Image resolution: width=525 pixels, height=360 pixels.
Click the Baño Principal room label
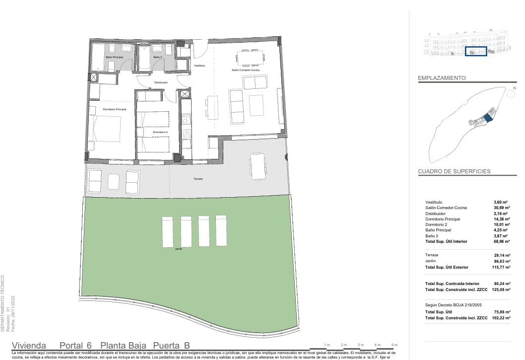114,58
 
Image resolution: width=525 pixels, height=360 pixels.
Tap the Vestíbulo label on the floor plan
199,66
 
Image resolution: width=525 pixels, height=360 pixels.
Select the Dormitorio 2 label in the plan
159,132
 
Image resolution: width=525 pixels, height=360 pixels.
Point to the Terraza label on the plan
198,179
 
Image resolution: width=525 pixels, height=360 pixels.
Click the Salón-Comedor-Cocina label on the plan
246,71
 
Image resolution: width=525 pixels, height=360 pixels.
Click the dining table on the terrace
258,166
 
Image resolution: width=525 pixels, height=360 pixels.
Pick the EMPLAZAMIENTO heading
442,78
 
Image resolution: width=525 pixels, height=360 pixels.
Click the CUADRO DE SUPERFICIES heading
454,171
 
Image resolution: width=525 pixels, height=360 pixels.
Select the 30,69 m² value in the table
502,208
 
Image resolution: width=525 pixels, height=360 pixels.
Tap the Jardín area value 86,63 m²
502,261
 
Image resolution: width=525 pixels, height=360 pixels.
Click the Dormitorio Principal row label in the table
443,219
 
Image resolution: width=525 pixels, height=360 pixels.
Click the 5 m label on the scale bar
394,345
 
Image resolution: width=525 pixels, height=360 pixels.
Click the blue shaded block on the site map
488,117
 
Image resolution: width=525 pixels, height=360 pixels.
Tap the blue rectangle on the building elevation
476,51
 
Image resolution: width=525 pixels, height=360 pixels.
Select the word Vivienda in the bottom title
29,346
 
